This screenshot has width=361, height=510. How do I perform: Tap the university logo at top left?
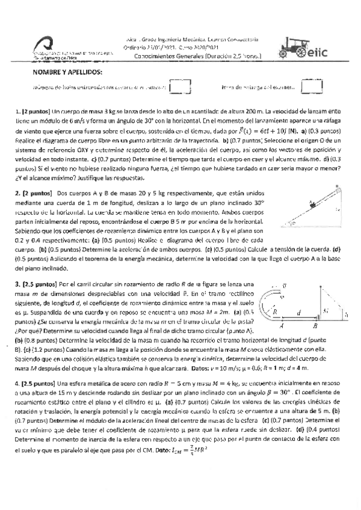click(x=43, y=47)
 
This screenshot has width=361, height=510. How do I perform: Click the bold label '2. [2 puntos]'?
click(x=33, y=194)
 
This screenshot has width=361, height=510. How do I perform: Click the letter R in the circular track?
click(x=275, y=312)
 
